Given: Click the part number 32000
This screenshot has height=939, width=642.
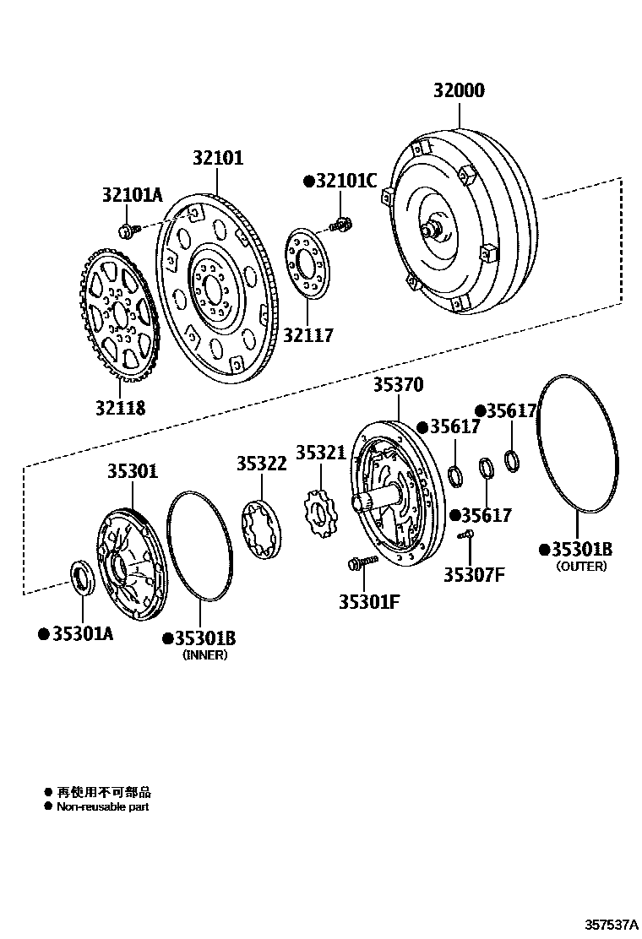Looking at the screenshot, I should [460, 90].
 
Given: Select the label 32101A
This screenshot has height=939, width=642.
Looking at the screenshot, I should [132, 195].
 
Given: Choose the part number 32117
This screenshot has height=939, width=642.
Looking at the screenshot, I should [308, 335].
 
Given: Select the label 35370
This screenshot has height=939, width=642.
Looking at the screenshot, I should [398, 386].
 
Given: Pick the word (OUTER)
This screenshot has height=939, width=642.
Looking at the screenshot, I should [581, 567].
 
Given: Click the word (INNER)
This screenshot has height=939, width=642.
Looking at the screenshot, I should [205, 654].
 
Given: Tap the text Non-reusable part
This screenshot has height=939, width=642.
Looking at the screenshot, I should [102, 806].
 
